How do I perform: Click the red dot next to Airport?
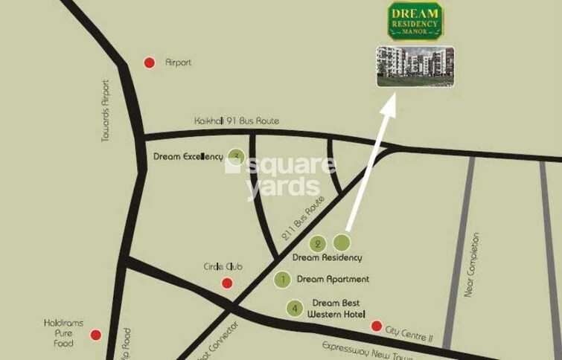(150, 63)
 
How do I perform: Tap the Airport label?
(178, 63)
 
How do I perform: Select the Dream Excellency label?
(188, 157)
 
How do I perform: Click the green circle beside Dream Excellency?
(237, 155)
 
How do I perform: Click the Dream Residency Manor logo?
(414, 22)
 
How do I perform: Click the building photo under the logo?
(415, 66)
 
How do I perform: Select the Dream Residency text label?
(327, 258)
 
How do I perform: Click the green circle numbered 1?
(282, 280)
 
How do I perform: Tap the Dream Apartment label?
(333, 280)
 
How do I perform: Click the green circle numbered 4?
(296, 308)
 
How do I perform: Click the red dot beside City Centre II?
(377, 327)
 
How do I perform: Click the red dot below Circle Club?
(227, 283)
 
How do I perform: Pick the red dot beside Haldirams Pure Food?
(96, 335)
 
